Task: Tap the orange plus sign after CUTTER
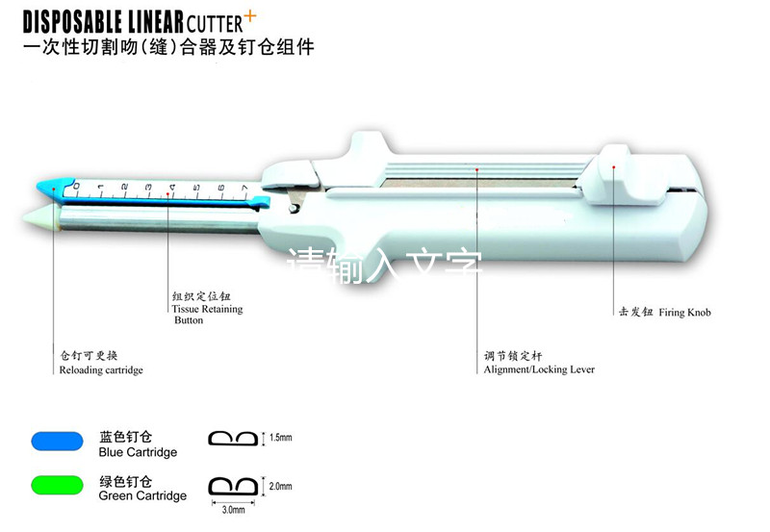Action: [x=253, y=13]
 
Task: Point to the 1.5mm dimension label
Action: [x=282, y=438]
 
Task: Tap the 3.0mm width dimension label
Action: [x=234, y=510]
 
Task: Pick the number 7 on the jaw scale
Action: [x=244, y=187]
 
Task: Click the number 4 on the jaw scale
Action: [x=172, y=186]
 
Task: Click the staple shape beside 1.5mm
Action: [x=233, y=439]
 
